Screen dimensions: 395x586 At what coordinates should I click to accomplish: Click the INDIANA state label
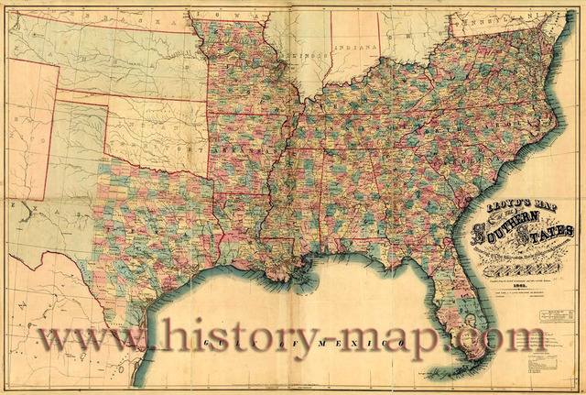pyautogui.click(x=355, y=47)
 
